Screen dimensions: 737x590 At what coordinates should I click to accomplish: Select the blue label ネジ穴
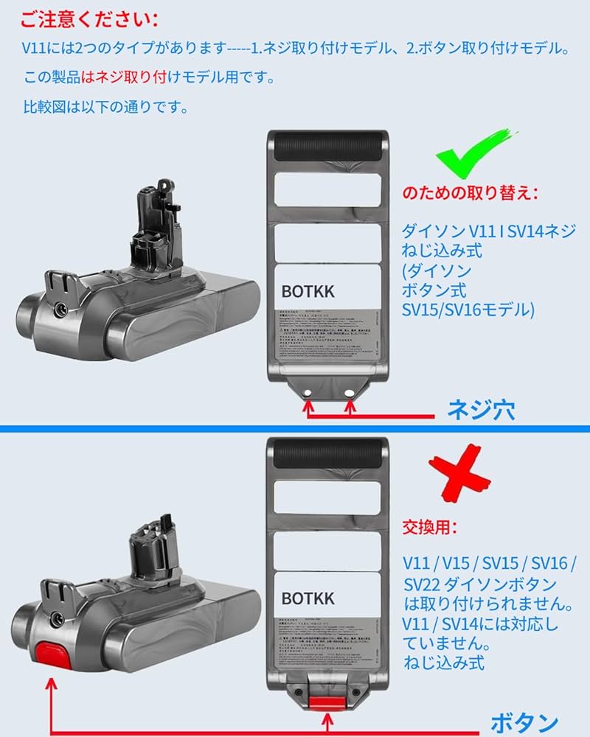pos(480,410)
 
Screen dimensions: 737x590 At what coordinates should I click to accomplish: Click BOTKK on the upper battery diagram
pos(308,292)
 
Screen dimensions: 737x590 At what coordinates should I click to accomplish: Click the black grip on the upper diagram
pos(327,144)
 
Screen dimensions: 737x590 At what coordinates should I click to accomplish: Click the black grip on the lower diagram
pos(327,451)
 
